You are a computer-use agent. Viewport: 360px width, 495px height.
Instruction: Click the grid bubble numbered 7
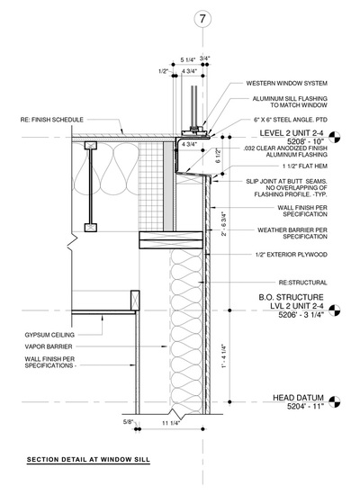[x=202, y=19]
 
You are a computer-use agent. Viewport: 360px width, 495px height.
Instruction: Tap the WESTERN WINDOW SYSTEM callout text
[x=287, y=84]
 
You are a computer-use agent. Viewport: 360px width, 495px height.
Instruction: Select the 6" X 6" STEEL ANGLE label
[x=291, y=120]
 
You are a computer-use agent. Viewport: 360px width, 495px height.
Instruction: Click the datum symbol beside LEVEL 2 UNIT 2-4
[x=335, y=138]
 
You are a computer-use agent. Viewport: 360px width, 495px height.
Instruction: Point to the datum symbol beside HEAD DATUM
[x=335, y=402]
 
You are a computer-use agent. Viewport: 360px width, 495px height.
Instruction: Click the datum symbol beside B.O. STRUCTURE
[x=335, y=310]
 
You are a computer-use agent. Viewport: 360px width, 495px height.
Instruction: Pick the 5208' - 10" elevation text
[x=306, y=141]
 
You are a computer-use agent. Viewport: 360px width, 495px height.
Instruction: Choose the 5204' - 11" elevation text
[x=306, y=406]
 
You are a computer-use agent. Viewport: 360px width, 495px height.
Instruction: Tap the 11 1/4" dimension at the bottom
[x=171, y=423]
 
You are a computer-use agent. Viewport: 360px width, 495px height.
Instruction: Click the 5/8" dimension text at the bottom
[x=128, y=422]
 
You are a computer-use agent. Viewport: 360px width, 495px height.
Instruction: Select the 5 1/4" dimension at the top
[x=188, y=59]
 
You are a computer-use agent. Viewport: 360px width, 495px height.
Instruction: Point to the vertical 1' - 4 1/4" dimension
[x=224, y=355]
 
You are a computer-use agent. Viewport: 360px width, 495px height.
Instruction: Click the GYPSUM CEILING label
[x=49, y=335]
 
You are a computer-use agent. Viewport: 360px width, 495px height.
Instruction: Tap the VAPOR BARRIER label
[x=49, y=346]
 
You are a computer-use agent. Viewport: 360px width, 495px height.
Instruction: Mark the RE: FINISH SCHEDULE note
[x=52, y=120]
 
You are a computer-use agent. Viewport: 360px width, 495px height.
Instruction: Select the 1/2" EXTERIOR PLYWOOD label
[x=292, y=255]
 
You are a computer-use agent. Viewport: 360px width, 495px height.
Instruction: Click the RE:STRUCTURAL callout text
[x=302, y=283]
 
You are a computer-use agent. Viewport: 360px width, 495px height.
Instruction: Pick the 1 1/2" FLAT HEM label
[x=305, y=166]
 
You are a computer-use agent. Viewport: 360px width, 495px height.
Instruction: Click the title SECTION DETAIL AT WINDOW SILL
[x=88, y=460]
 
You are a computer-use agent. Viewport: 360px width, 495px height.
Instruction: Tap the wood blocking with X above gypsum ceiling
[x=135, y=301]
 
